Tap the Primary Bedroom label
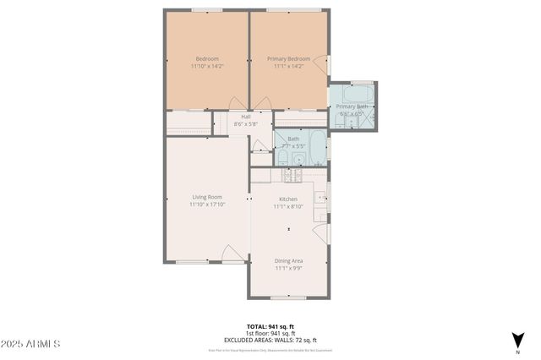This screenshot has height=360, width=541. pos(288,59)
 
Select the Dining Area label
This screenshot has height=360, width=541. pos(288,261)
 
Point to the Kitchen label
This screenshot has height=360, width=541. pos(288,199)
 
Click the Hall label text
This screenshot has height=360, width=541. pos(246,117)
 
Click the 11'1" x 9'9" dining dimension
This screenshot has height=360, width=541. pos(288,269)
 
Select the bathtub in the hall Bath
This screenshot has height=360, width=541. pos(316,148)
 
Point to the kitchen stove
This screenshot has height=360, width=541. pos(292,175)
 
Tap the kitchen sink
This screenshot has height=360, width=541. pos(321,199)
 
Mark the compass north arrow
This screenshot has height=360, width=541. pos(516,340)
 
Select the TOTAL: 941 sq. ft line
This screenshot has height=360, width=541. pos(270,325)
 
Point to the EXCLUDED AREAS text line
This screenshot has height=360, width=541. pos(270,339)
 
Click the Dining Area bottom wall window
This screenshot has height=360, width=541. pos(288,297)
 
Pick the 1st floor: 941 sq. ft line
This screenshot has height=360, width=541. pos(270,332)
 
